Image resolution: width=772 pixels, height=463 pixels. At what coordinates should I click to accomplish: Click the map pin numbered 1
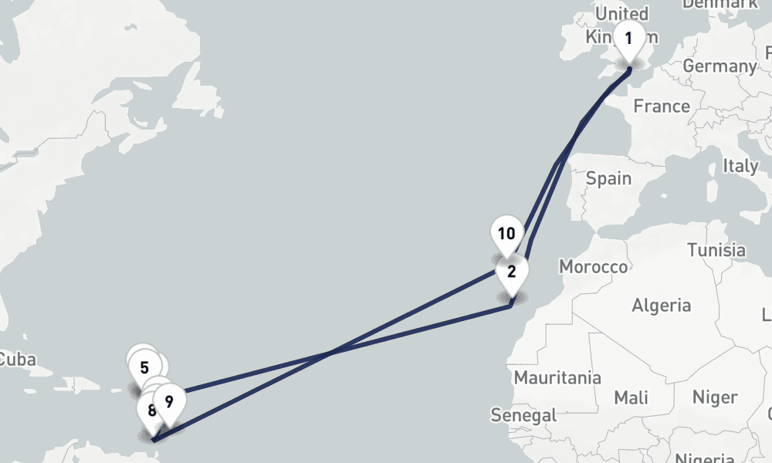point(629,39)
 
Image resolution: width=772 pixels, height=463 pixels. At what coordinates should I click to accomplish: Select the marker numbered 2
point(511,272)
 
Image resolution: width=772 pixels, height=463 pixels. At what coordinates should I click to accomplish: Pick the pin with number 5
point(144,367)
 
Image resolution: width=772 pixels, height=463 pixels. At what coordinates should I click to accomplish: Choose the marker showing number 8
point(151,410)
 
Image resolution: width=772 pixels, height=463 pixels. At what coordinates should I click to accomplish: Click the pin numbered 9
point(169,400)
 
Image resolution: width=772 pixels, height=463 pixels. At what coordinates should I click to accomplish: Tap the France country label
point(662,106)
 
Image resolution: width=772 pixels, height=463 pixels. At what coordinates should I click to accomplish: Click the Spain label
point(608,179)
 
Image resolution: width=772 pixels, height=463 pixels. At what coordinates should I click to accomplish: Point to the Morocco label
point(593,267)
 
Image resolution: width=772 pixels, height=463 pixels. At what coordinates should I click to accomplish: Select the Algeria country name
point(662,306)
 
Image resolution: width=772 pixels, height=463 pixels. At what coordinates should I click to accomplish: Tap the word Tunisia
point(716,250)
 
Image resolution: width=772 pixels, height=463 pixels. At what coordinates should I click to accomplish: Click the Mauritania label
point(557,378)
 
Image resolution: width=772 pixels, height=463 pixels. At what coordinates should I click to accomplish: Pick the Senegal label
point(523,415)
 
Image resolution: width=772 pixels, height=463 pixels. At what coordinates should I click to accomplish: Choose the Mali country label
point(631,398)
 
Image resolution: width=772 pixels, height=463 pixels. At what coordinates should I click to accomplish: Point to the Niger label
point(715,397)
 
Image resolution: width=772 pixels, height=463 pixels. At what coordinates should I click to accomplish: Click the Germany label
point(720,66)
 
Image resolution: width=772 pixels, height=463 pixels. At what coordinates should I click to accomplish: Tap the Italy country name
point(740,166)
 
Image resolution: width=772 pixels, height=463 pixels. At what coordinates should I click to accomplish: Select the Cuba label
point(16,360)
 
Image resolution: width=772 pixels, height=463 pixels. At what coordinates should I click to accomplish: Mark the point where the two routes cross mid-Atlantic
point(330,353)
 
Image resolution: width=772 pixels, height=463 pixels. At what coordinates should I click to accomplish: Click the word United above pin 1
point(622,14)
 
